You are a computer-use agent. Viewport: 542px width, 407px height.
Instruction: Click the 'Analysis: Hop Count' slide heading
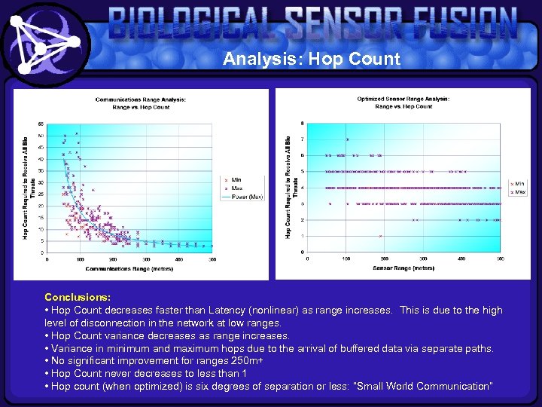point(311,60)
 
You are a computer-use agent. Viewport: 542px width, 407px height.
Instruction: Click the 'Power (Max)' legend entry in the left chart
point(242,196)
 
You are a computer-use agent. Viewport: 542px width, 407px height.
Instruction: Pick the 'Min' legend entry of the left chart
point(236,179)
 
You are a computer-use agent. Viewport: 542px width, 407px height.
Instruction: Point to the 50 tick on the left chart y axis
point(41,136)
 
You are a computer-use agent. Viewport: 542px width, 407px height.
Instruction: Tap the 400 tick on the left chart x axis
point(179,259)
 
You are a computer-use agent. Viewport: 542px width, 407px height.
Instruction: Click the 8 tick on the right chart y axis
point(303,123)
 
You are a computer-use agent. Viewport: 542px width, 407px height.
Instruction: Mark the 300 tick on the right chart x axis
point(424,259)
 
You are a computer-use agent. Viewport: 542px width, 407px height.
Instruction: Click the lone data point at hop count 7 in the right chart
point(347,139)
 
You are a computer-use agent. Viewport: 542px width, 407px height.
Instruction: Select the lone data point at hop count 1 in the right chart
point(381,236)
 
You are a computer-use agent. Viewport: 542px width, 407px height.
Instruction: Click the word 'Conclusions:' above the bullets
point(67,298)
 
